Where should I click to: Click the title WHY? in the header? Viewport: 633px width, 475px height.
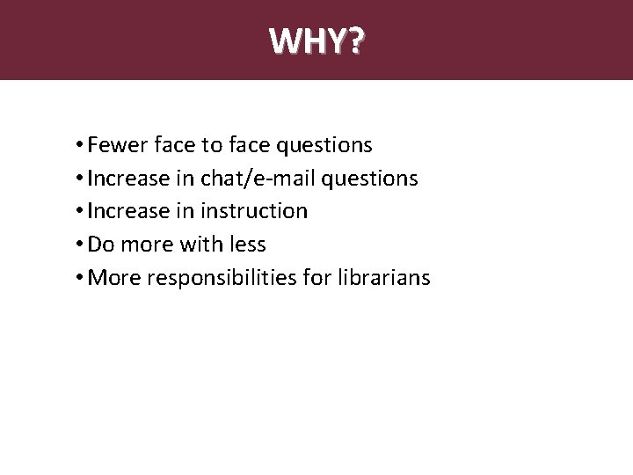316,40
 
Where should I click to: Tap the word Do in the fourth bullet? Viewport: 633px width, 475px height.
101,245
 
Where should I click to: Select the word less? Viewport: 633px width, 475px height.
248,245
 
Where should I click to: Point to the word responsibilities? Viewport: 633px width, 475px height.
223,279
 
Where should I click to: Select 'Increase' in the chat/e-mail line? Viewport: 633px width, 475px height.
128,178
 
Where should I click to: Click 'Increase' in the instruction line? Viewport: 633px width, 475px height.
128,211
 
